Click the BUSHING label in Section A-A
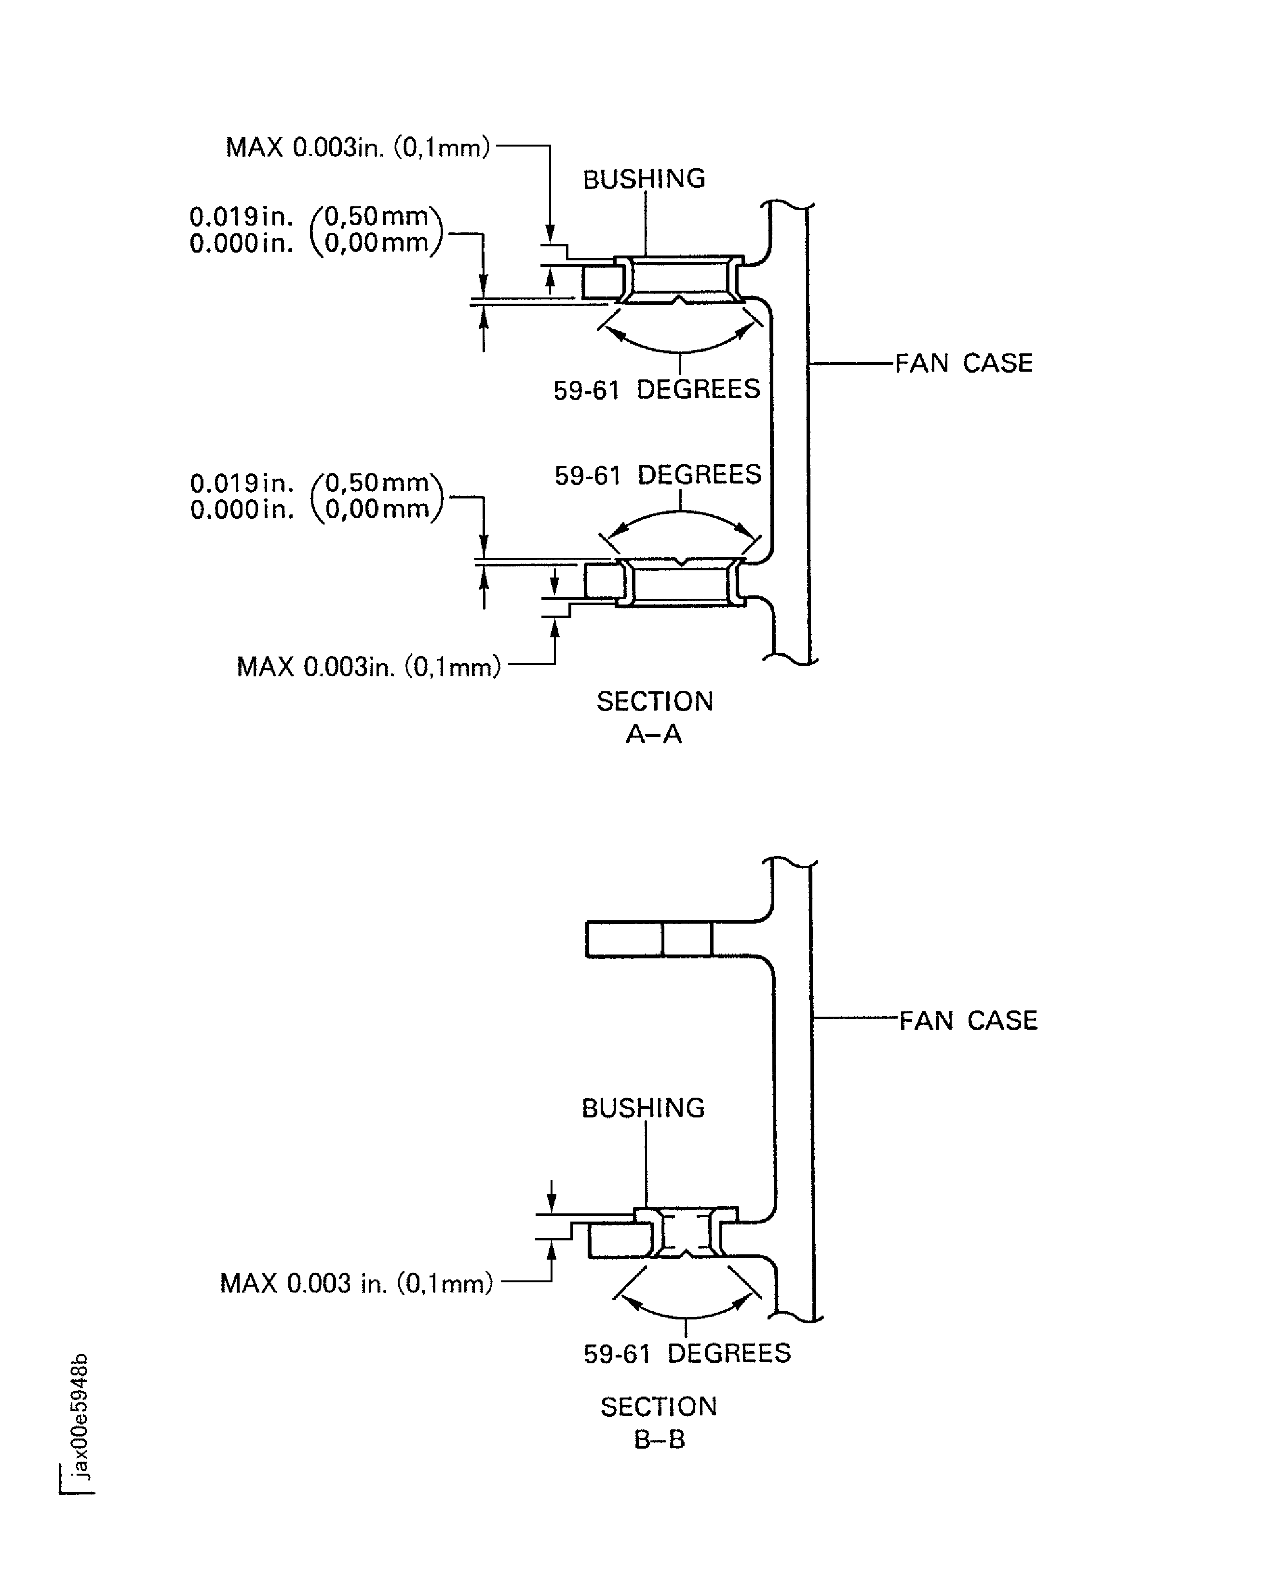coord(644,179)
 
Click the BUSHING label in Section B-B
coord(643,1108)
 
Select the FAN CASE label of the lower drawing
coord(968,1021)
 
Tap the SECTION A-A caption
coord(655,716)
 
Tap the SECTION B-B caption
coord(659,1423)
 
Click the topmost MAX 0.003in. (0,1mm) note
coord(358,148)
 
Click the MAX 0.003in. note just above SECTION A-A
coord(368,667)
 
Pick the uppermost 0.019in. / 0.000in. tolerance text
coord(316,230)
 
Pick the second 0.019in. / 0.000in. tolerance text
coord(316,496)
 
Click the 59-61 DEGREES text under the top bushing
coord(656,389)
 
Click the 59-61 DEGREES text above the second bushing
coord(658,475)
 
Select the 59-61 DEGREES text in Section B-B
coord(687,1353)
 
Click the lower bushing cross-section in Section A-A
coord(681,582)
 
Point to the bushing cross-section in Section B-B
coord(686,1233)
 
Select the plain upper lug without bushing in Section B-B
coord(649,939)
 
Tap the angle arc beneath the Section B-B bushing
coord(686,1315)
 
